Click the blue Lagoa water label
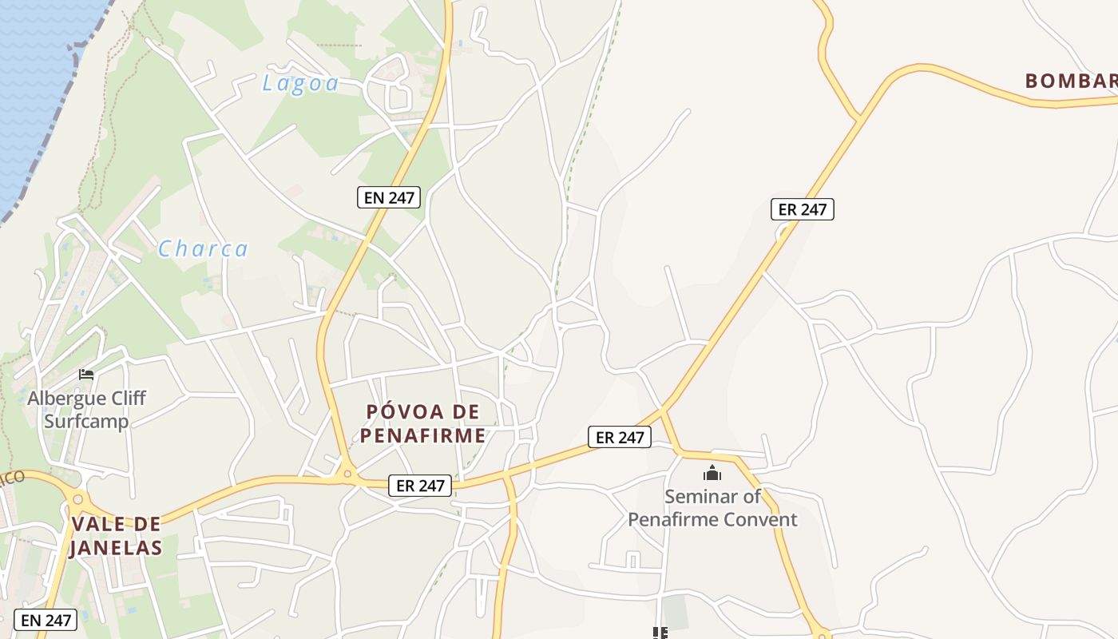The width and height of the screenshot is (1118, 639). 300,83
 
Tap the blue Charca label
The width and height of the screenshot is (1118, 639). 203,249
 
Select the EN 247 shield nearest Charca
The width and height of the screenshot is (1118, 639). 389,197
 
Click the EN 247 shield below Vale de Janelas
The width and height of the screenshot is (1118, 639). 46,620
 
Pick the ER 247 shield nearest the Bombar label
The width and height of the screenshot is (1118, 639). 803,209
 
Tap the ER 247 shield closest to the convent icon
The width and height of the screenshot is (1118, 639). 620,437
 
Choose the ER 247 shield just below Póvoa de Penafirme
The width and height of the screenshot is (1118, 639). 421,485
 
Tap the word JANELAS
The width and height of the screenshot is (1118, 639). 116,548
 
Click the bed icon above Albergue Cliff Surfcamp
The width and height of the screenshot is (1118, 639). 86,374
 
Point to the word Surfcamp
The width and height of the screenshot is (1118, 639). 86,421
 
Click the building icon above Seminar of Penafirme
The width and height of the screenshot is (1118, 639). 712,473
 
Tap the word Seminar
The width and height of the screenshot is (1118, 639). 701,496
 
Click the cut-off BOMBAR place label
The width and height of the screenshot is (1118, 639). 1071,81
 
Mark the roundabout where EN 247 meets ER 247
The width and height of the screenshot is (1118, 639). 347,474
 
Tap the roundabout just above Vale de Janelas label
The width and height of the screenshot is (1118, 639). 77,500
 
